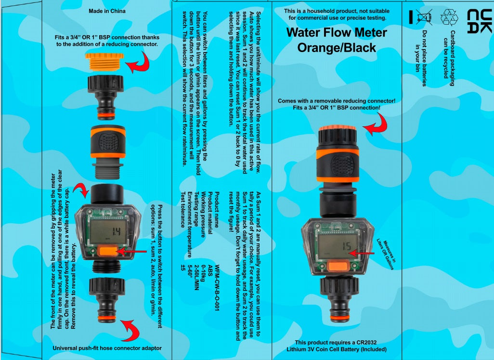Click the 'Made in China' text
[x=107, y=11]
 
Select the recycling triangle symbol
[x=449, y=17]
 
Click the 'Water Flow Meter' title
[x=337, y=33]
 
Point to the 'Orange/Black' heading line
[x=337, y=48]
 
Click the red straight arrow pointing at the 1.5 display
[x=363, y=252]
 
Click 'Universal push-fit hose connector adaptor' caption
[x=107, y=347]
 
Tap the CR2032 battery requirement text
[x=336, y=346]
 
